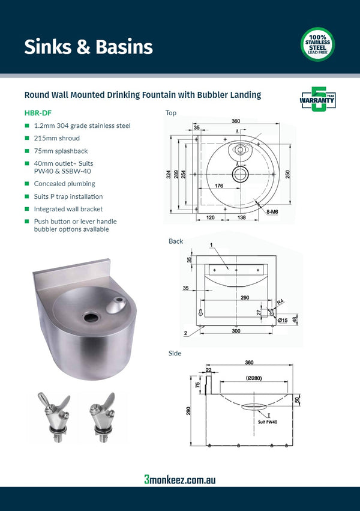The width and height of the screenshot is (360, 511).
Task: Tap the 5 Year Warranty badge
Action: [x=317, y=100]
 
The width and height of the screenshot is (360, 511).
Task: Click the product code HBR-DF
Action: [x=36, y=112]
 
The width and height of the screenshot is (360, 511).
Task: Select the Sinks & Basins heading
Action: [x=88, y=47]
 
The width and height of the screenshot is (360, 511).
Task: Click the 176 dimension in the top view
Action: [x=219, y=186]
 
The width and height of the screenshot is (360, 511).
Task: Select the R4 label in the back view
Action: [x=280, y=302]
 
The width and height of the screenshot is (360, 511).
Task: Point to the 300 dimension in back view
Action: [x=236, y=331]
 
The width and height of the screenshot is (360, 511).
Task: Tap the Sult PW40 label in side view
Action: [x=268, y=422]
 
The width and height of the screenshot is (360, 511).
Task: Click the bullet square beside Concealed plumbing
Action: [x=26, y=184]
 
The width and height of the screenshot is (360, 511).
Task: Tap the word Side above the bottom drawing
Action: [x=175, y=354]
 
